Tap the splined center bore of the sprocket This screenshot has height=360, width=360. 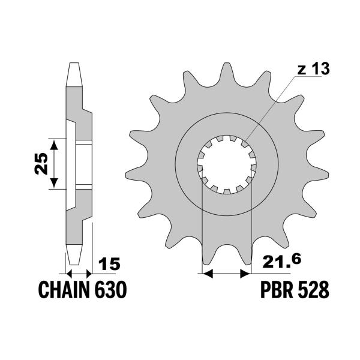click(226, 163)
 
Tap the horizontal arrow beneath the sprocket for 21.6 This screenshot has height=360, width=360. click(226, 274)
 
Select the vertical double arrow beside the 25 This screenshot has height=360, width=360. click(55, 163)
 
